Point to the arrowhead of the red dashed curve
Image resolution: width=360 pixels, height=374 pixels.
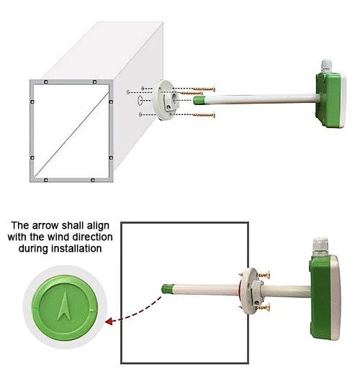click(109, 321)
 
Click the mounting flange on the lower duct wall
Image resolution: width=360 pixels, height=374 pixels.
click(248, 291)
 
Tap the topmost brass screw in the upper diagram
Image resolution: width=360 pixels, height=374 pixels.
click(204, 88)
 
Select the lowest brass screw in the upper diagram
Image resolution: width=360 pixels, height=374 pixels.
click(204, 114)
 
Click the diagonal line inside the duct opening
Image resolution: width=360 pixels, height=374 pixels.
click(72, 129)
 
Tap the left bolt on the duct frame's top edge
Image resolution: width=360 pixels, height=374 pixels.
click(45, 82)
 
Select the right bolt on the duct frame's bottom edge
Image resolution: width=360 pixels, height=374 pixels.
click(94, 178)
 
